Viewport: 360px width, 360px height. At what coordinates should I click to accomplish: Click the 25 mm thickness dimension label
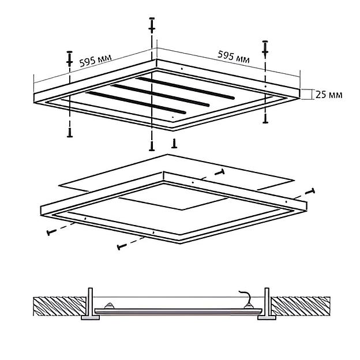click(329, 95)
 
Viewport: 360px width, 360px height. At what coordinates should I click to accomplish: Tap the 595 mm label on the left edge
click(95, 61)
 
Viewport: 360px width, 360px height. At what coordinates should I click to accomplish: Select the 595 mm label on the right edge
click(233, 57)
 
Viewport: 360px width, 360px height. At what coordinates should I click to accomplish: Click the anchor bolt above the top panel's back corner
click(152, 25)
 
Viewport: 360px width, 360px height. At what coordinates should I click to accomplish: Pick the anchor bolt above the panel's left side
click(70, 58)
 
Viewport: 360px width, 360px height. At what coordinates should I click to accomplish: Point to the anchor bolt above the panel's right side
click(265, 49)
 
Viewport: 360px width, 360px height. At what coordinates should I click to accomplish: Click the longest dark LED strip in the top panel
click(185, 88)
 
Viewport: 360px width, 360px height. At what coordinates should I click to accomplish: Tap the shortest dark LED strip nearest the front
click(136, 103)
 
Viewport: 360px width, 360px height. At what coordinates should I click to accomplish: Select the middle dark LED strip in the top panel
click(160, 96)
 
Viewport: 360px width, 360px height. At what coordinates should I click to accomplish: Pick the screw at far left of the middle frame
click(51, 232)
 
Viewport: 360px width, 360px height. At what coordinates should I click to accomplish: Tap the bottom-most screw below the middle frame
click(122, 246)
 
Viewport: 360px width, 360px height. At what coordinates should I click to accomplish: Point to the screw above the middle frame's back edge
click(220, 172)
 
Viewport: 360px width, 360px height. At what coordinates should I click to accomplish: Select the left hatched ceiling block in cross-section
click(59, 306)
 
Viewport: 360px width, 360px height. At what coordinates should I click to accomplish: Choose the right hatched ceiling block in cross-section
click(301, 306)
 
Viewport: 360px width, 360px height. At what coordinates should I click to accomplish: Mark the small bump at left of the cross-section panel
click(109, 306)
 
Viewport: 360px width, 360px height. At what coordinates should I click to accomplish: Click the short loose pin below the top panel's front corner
click(174, 143)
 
